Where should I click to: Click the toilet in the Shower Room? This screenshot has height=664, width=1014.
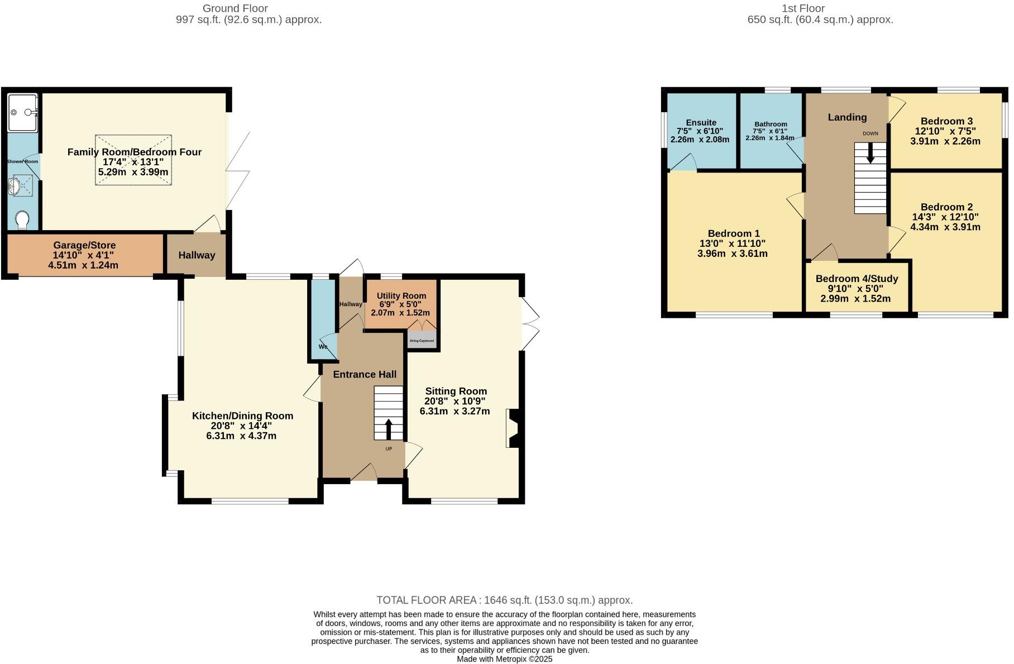click(23, 219)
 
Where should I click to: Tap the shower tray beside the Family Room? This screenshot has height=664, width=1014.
click(23, 112)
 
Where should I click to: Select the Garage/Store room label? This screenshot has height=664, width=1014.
click(84, 245)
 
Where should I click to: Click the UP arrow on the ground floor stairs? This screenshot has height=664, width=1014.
click(389, 429)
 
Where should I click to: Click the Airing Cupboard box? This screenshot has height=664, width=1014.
click(422, 340)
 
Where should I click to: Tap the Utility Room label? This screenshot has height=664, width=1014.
click(401, 296)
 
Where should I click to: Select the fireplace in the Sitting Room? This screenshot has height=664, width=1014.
click(513, 428)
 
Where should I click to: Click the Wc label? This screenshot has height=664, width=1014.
click(323, 347)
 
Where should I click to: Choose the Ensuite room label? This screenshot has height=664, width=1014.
click(701, 123)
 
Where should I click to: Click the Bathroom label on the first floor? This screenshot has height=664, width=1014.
click(771, 124)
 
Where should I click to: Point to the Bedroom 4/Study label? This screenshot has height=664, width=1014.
click(857, 279)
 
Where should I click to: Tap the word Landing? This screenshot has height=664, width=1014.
click(847, 117)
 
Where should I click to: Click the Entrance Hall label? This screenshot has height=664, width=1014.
click(365, 374)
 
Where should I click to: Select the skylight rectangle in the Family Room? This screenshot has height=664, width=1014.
click(133, 160)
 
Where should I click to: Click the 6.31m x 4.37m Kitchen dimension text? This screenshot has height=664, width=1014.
click(241, 436)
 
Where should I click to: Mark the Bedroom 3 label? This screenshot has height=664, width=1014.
click(946, 121)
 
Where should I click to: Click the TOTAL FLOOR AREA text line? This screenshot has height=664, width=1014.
click(504, 600)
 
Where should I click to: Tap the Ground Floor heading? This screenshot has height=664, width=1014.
click(235, 8)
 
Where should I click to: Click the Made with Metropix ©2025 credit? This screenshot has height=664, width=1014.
click(504, 659)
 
